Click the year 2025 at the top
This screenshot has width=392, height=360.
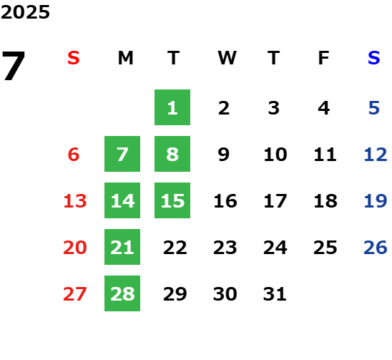tap(25, 12)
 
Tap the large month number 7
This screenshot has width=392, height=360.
tap(14, 66)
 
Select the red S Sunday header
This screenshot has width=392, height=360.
tap(74, 58)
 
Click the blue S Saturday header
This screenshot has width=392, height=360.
tap(374, 58)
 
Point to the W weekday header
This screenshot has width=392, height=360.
tap(227, 58)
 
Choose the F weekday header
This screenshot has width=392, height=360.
tap(324, 58)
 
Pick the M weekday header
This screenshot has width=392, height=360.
tap(125, 58)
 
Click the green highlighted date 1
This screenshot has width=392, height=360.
tap(172, 107)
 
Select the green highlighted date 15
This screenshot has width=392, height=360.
tap(172, 200)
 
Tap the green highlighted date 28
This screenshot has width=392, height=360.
tap(122, 293)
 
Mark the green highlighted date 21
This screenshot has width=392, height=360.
tap(122, 247)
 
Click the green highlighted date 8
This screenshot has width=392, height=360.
tap(172, 154)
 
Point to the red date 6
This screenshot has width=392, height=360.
tap(74, 154)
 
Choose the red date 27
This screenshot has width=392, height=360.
tap(75, 293)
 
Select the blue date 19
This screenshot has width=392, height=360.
tap(376, 200)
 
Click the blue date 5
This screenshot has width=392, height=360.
tap(374, 108)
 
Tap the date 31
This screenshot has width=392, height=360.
tap(275, 293)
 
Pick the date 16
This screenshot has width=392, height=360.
tap(225, 200)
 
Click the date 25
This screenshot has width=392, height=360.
tap(325, 247)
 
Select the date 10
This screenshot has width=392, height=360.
tap(275, 154)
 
